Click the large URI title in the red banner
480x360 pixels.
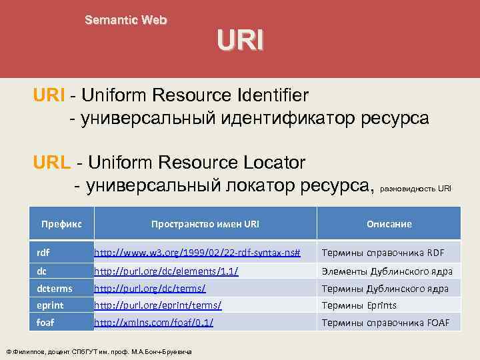coord(240,41)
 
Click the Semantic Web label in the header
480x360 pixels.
coord(126,20)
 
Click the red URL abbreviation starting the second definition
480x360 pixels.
coord(53,162)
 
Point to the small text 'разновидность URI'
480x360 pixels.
coord(415,189)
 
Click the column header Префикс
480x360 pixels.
coord(61,224)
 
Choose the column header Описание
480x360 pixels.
coord(389,224)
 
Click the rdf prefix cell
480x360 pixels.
coord(43,253)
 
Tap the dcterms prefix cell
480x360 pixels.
coord(54,288)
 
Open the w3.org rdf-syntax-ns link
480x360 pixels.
coord(197,253)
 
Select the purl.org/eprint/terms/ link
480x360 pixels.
coord(157,305)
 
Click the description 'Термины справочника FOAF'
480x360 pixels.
coord(386,323)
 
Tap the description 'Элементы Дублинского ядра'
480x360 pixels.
coord(387,271)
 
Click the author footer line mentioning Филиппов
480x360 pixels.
coord(99,351)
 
